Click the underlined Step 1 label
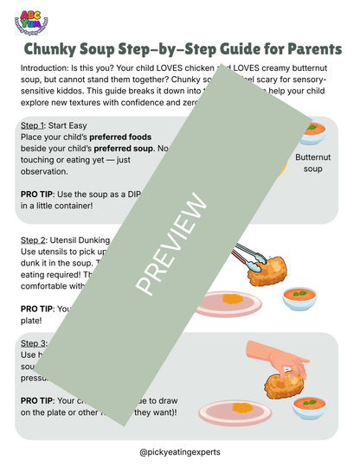35,125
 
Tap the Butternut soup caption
313,164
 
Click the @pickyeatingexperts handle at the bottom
179,450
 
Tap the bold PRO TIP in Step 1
37,195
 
